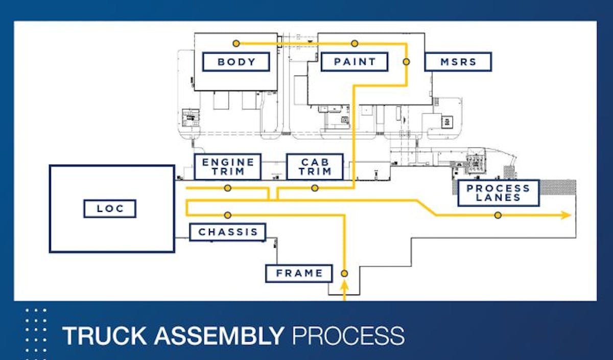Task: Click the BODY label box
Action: (236, 62)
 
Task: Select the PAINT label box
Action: (354, 62)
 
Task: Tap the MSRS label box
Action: (458, 62)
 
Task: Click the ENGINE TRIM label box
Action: (227, 167)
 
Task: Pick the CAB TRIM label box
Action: (315, 167)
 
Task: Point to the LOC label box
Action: (110, 208)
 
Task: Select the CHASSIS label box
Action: (228, 232)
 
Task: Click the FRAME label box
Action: (299, 273)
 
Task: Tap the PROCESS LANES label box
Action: (498, 193)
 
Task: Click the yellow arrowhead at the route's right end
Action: (565, 215)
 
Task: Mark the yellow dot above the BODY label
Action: (236, 43)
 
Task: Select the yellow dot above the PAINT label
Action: (355, 43)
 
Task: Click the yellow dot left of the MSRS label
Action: (407, 62)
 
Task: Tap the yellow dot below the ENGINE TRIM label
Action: (228, 188)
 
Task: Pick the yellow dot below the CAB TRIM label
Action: (315, 188)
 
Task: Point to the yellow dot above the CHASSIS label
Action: (228, 215)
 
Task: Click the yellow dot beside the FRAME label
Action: (344, 273)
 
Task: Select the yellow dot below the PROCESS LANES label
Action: (498, 215)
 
